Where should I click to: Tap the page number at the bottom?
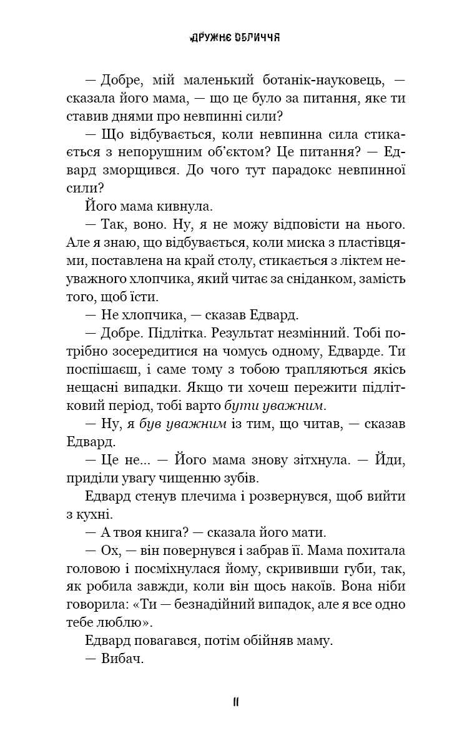pos(235,702)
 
